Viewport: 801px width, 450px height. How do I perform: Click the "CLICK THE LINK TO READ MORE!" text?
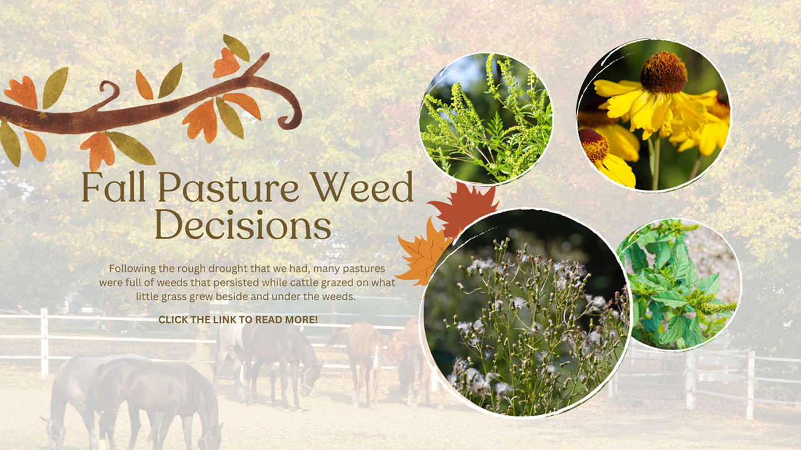(238, 319)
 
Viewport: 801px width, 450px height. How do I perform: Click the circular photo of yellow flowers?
(653, 116)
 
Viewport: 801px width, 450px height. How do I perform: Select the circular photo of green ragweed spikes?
(486, 119)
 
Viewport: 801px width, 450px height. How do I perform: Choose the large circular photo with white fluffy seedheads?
(526, 312)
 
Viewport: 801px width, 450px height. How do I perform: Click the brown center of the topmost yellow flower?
(663, 72)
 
